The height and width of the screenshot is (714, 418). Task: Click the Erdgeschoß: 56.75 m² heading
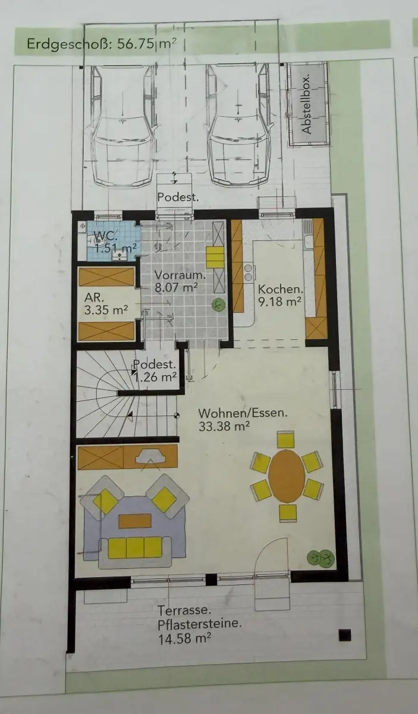tap(101, 44)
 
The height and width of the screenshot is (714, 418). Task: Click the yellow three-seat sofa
tap(135, 547)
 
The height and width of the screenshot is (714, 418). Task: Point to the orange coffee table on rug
tap(135, 521)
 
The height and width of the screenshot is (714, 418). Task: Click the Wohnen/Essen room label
tap(243, 419)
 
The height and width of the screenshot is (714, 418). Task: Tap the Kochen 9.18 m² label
tap(279, 295)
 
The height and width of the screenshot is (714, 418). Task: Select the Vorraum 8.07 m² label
tap(180, 281)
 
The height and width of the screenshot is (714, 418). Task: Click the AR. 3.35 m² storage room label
tap(106, 303)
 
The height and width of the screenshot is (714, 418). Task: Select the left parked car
tap(123, 126)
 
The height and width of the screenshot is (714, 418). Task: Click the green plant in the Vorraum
tap(219, 305)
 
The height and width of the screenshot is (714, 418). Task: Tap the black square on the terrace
tap(345, 635)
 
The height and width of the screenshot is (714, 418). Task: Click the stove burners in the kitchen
tap(248, 273)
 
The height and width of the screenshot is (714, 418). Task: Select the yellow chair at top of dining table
tap(286, 439)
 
